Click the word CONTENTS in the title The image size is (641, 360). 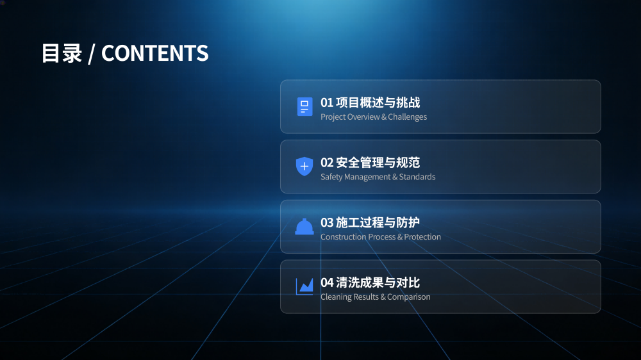point(154,53)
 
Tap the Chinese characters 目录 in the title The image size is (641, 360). point(62,53)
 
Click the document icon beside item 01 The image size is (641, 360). point(304,106)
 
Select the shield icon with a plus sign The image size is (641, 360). point(304,167)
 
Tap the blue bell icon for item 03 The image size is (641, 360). point(304,227)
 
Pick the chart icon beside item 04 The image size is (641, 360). point(304,286)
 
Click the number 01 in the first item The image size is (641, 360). point(327,102)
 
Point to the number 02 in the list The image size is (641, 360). point(327,163)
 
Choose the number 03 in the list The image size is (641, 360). point(327,223)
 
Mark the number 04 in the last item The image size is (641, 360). point(327,282)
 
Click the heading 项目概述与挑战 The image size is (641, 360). point(378,102)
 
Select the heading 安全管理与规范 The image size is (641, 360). point(378,163)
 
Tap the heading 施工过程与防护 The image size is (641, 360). point(378,223)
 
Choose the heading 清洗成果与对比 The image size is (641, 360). point(378,282)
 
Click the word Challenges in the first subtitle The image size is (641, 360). point(407,117)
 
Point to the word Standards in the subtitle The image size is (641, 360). point(417,177)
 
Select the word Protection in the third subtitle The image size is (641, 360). point(422,237)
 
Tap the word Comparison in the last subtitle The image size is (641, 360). point(409,297)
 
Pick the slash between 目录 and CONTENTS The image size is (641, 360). point(92,54)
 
